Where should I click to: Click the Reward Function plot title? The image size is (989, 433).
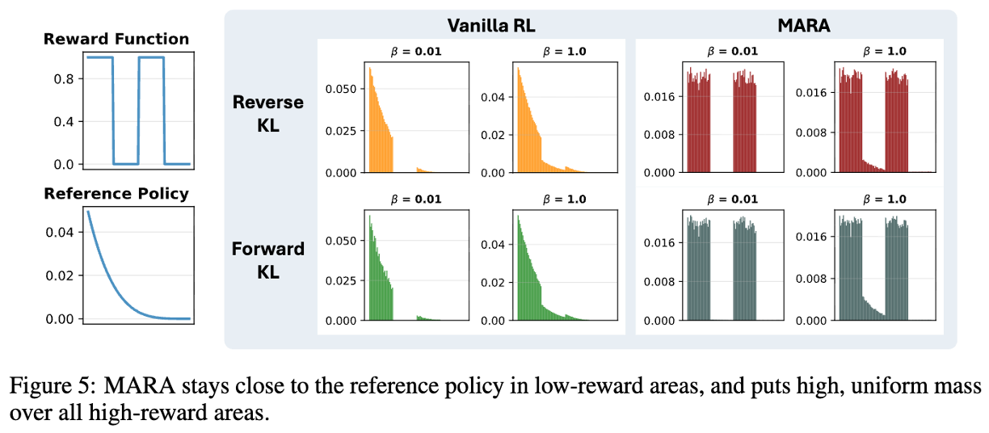tap(116, 39)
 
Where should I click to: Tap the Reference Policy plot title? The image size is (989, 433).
tap(116, 194)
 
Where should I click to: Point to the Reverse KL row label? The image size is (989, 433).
tap(268, 114)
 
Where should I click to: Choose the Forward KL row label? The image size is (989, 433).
tap(268, 260)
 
